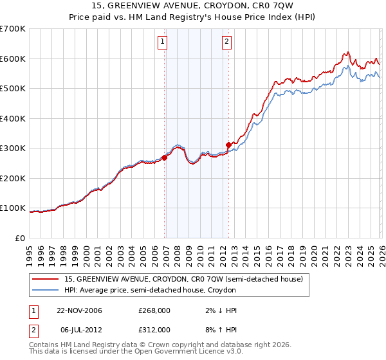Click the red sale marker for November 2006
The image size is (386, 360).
point(165,157)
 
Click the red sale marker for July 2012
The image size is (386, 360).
point(228,145)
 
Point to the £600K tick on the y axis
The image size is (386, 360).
point(13,59)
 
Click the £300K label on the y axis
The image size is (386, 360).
point(13,148)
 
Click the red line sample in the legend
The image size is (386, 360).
point(46,279)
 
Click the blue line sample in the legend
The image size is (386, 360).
point(46,291)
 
